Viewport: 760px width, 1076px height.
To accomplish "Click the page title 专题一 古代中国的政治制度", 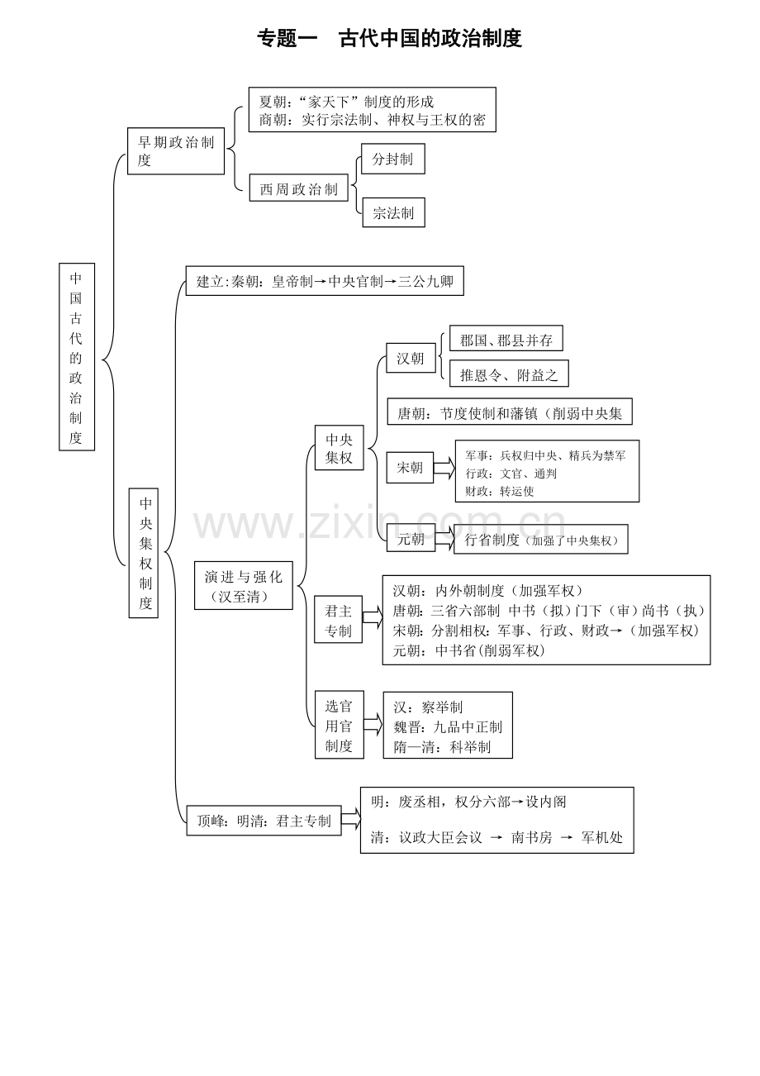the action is click(389, 38).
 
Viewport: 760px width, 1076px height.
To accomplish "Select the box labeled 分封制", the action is click(392, 159).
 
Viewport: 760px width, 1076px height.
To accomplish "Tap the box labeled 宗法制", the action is click(393, 212).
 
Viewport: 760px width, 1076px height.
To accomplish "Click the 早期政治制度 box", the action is click(176, 151).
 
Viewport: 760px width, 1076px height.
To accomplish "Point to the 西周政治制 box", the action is click(298, 188).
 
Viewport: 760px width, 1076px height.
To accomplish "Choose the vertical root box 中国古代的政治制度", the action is click(77, 357).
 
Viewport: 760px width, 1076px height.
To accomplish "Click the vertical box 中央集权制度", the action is click(144, 553).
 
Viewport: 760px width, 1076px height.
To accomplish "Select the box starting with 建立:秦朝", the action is click(325, 281).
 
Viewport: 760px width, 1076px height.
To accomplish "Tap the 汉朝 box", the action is click(411, 358).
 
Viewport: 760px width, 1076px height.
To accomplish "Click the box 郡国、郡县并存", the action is click(506, 338).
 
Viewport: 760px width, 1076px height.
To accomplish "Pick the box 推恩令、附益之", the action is click(509, 374).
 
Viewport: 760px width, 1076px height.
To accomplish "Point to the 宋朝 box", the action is click(410, 468).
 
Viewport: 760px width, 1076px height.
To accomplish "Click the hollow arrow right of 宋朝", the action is click(444, 468).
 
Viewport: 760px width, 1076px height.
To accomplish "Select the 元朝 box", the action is click(411, 539).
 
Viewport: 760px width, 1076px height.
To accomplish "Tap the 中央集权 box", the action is click(339, 448).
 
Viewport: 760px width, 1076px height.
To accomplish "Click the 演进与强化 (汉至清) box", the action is click(244, 586).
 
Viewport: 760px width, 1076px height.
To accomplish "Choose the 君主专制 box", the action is click(339, 620).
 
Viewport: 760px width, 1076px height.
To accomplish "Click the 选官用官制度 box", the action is click(340, 725).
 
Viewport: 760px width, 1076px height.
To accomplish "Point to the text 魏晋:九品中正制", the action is click(448, 727).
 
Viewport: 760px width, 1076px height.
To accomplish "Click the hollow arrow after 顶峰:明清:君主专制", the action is click(351, 819).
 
